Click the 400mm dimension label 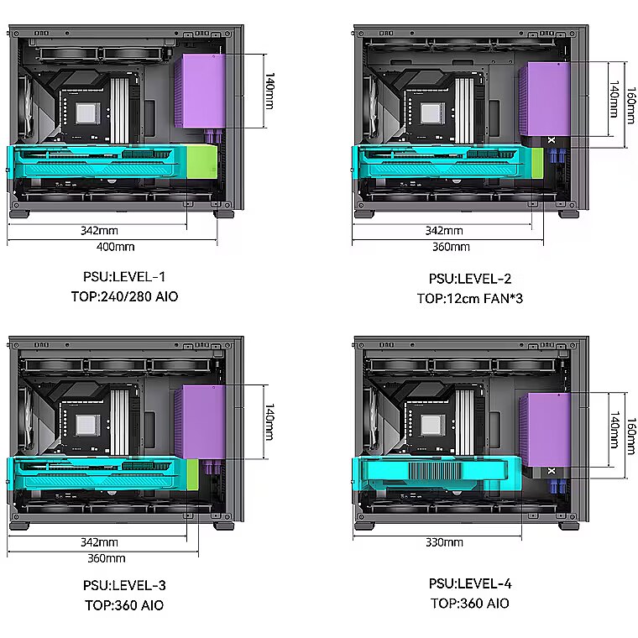[x=116, y=247]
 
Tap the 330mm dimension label [x=444, y=542]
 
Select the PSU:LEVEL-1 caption [x=124, y=277]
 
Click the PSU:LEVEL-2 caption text [x=470, y=279]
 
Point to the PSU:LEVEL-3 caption [x=124, y=585]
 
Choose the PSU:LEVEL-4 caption [x=470, y=583]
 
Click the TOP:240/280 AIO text [x=124, y=296]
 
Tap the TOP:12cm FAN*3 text [x=470, y=298]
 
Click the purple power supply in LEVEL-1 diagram [x=200, y=91]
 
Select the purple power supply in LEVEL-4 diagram [x=545, y=430]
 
